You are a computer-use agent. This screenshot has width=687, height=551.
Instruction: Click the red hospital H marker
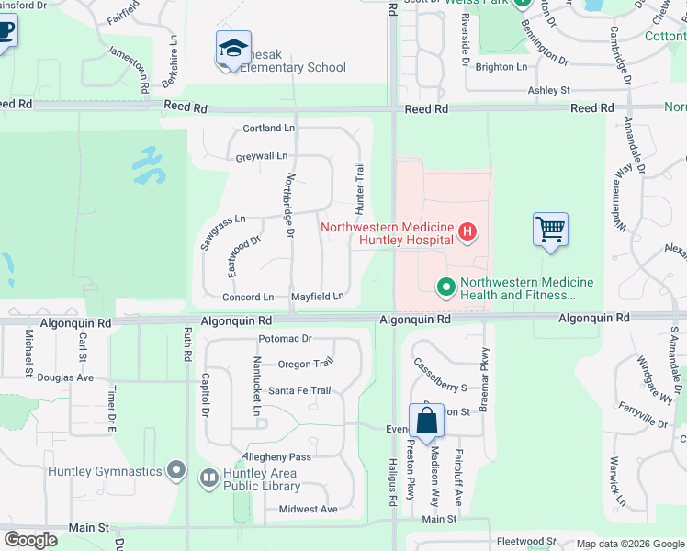pos(467,231)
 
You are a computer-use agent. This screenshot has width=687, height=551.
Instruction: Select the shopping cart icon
pos(550,229)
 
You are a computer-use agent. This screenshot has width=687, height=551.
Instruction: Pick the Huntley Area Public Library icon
pos(208,477)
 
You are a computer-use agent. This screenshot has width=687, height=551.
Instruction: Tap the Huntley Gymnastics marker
pos(177,472)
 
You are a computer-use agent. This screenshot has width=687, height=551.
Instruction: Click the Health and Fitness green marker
pos(446,287)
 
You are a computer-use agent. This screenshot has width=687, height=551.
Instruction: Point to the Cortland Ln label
pos(268,129)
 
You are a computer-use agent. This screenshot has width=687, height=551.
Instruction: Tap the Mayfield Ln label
pos(317,297)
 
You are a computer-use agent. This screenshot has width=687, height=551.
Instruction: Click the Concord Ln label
pos(248,298)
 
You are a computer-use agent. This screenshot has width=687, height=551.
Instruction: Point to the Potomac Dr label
pos(285,339)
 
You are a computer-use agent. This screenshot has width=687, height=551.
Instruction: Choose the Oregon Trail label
pos(306,365)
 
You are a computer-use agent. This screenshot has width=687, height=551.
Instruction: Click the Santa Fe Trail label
pos(299,391)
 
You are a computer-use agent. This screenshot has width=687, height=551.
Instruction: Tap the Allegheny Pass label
pos(276,457)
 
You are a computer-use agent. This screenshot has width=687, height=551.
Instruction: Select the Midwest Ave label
pos(308,510)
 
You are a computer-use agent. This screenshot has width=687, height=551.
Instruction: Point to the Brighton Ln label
pos(501,67)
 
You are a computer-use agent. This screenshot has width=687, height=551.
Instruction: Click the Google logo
pos(30,539)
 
